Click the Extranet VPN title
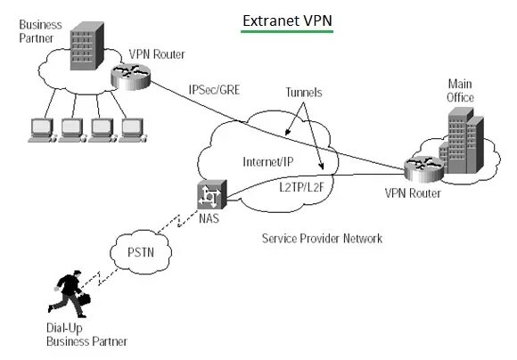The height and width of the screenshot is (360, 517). point(287,20)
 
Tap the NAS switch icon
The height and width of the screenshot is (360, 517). point(211,194)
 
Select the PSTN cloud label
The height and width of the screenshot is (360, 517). point(141,252)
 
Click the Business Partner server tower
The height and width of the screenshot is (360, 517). point(87,45)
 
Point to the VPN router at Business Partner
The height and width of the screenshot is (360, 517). point(130,77)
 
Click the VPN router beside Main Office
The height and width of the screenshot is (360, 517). point(424,169)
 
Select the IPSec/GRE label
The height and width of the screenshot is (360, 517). point(214,90)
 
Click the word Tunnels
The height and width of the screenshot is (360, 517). point(304,93)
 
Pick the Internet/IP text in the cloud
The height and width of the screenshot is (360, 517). point(267,162)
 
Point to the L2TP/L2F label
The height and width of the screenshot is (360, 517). point(301,187)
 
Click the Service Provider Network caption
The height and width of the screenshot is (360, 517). point(322,238)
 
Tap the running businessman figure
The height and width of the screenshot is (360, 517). point(70,294)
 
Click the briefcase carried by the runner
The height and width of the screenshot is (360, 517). point(85,299)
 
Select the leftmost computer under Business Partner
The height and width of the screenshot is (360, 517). point(42,130)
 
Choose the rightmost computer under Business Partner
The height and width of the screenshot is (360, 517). point(133,130)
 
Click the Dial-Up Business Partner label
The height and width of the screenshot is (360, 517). point(86,335)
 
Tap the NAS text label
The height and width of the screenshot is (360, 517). point(209,218)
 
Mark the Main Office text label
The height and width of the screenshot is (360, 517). point(460,91)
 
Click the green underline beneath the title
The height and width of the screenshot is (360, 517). point(287,32)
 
